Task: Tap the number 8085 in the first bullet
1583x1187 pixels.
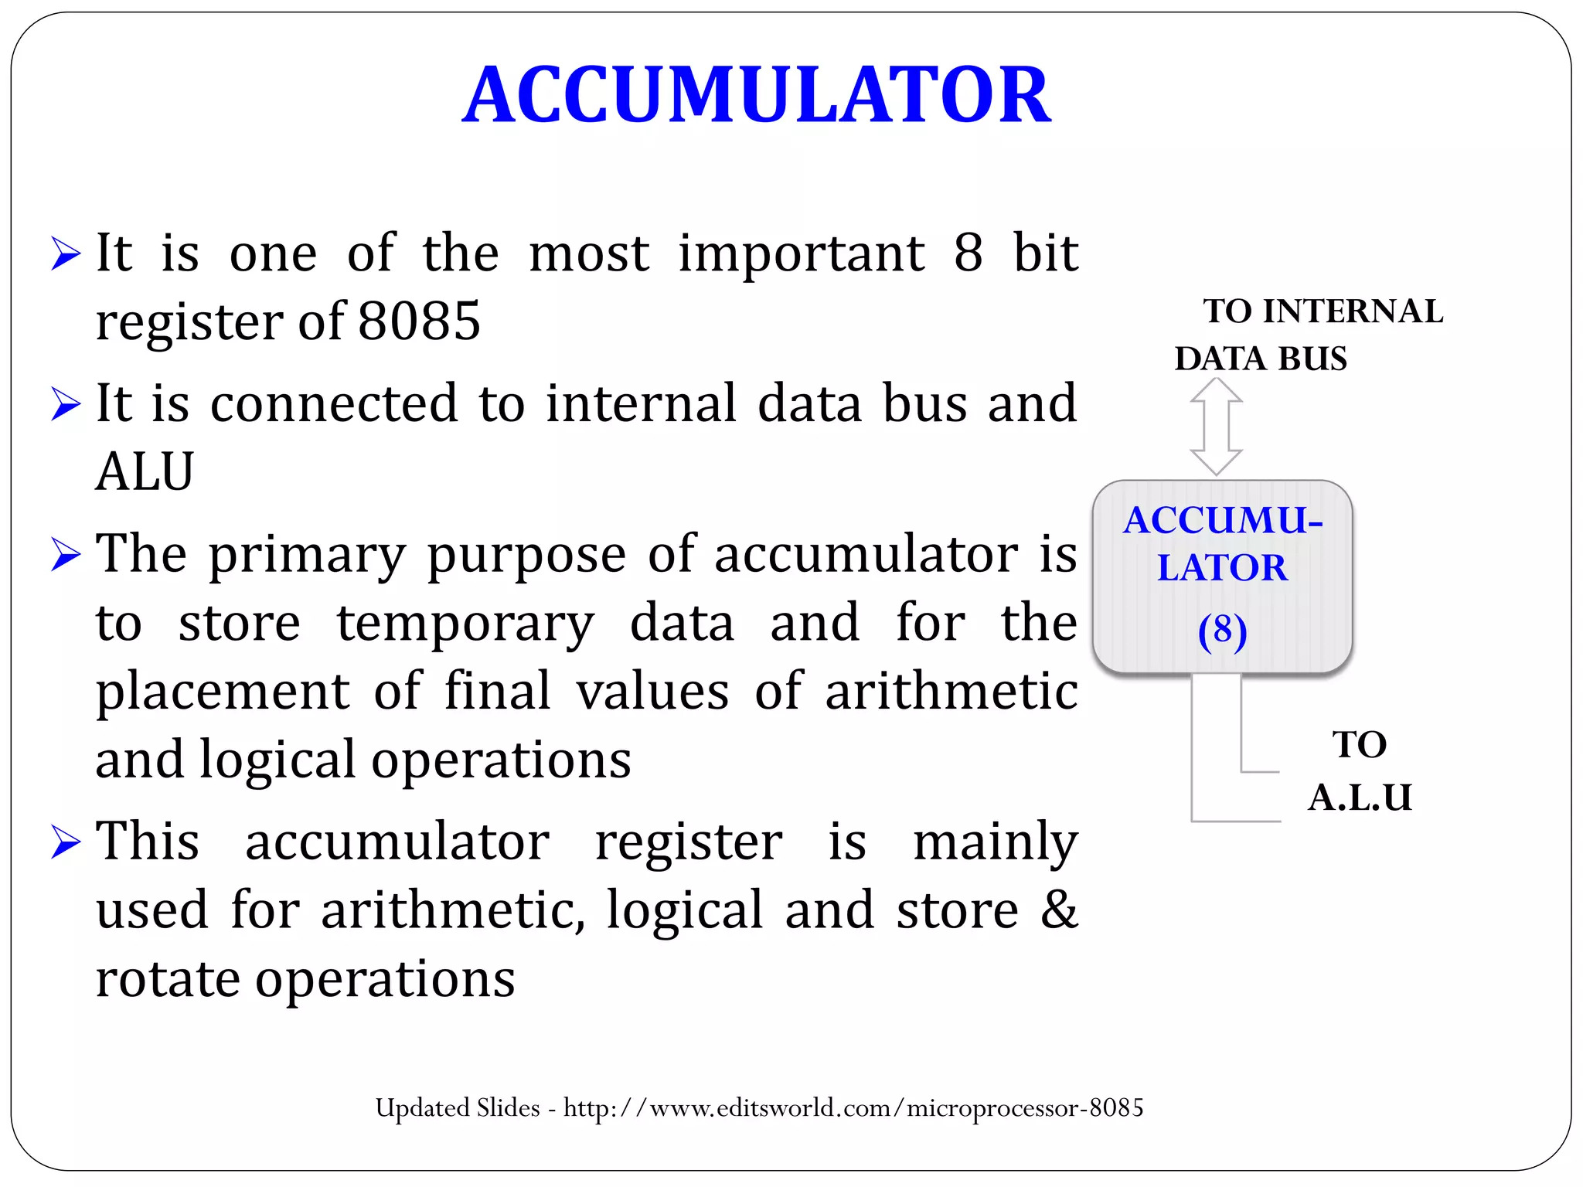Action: (419, 321)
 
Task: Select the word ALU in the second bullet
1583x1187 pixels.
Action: (145, 471)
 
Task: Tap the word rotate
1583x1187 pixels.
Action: (168, 978)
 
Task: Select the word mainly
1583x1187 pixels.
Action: (995, 842)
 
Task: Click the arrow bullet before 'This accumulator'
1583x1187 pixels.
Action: (66, 842)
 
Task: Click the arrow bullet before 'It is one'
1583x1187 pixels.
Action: (66, 253)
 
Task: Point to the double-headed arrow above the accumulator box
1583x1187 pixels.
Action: (1216, 426)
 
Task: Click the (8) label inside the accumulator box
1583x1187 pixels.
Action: (1222, 631)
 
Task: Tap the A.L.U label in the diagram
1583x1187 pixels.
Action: (1360, 798)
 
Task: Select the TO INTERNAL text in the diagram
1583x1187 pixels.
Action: (1323, 311)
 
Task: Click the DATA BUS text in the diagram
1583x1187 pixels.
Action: (1261, 359)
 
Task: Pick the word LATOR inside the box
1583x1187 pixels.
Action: (1222, 568)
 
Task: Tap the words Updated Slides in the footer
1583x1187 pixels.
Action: (458, 1108)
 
